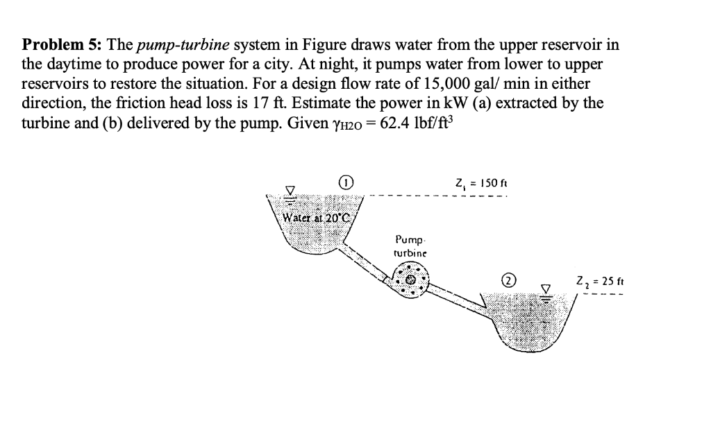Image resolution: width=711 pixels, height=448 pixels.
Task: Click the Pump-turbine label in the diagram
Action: coord(408,248)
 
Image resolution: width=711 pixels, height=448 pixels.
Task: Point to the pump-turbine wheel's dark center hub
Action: coord(411,280)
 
